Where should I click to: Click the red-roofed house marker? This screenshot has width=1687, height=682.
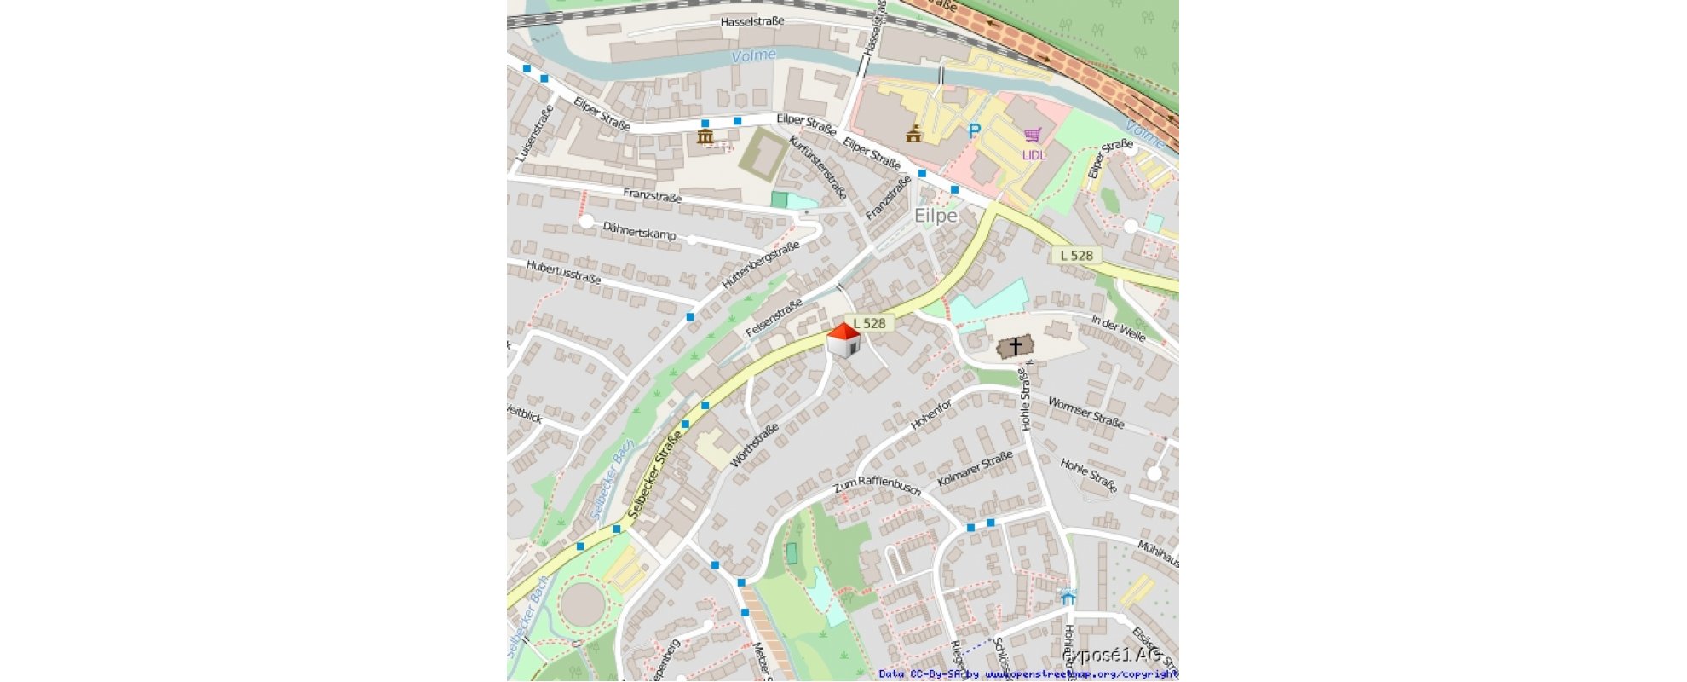(x=843, y=340)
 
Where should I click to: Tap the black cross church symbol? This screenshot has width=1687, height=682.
(x=1015, y=346)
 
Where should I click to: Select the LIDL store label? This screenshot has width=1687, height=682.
(x=1034, y=155)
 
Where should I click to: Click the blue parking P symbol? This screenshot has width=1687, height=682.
(x=974, y=131)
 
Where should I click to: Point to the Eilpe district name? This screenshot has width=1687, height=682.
(x=936, y=216)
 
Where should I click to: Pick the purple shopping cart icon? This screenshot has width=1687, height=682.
(x=1033, y=136)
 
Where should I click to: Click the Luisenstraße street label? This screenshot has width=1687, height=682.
(x=534, y=133)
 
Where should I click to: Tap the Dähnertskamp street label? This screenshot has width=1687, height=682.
(x=639, y=231)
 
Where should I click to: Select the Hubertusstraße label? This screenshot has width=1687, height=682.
(x=563, y=272)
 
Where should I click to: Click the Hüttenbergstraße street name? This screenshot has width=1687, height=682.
(x=761, y=264)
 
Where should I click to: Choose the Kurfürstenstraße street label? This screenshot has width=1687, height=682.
(x=817, y=167)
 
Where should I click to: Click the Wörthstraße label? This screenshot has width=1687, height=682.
(x=754, y=445)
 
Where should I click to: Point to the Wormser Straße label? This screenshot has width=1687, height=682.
(x=1085, y=413)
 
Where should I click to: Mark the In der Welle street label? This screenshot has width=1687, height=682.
(x=1118, y=327)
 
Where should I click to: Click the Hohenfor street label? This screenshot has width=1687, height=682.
(x=930, y=415)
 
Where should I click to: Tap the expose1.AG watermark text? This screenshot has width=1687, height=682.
(x=1114, y=655)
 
